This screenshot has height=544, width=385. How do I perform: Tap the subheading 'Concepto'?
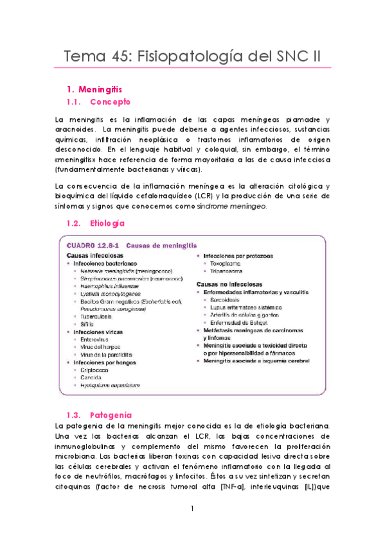click(x=110, y=102)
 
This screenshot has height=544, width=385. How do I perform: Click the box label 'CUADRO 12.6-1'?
click(x=91, y=245)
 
